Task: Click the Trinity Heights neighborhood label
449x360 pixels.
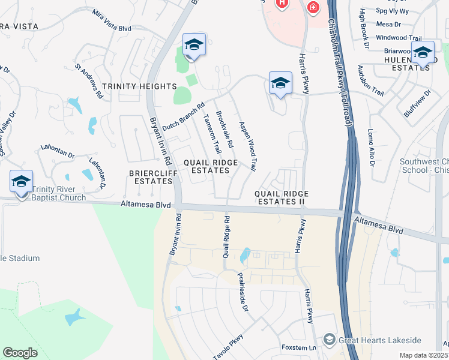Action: [139, 86]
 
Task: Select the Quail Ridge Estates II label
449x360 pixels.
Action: [282, 197]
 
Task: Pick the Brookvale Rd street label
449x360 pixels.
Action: [225, 128]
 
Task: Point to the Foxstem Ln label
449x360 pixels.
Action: [298, 348]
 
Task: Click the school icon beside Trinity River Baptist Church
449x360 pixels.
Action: [21, 182]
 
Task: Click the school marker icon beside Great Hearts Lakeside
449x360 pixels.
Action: [329, 340]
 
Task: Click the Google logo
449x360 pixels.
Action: [20, 353]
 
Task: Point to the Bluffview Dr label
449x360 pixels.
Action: [418, 103]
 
